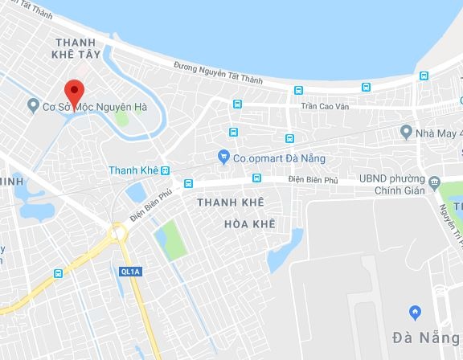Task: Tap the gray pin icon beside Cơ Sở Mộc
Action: click(x=32, y=104)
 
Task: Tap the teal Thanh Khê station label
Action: click(x=133, y=170)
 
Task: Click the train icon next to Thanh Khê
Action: click(x=165, y=170)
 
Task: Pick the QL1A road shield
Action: click(x=129, y=272)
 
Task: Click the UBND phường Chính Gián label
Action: click(x=405, y=186)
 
